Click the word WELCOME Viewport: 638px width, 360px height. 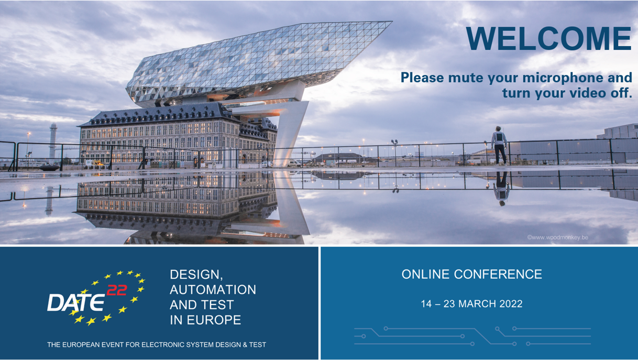tap(548, 38)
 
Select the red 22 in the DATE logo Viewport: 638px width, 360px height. tap(117, 290)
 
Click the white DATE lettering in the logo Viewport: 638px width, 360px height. tap(76, 302)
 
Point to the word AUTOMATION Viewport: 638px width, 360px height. tap(213, 290)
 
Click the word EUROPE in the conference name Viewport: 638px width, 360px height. tap(214, 320)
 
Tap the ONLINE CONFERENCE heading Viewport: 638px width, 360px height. tap(471, 274)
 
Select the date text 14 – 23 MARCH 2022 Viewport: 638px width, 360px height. tap(471, 303)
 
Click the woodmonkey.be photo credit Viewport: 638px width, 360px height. tap(557, 237)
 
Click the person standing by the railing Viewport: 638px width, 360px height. tap(500, 145)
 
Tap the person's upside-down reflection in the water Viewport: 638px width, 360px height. tap(501, 189)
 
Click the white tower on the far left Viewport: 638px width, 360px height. tap(53, 143)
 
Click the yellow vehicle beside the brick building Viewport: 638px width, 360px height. tap(96, 163)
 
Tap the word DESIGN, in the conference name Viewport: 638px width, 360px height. tap(196, 275)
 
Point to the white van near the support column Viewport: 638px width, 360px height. tap(294, 163)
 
